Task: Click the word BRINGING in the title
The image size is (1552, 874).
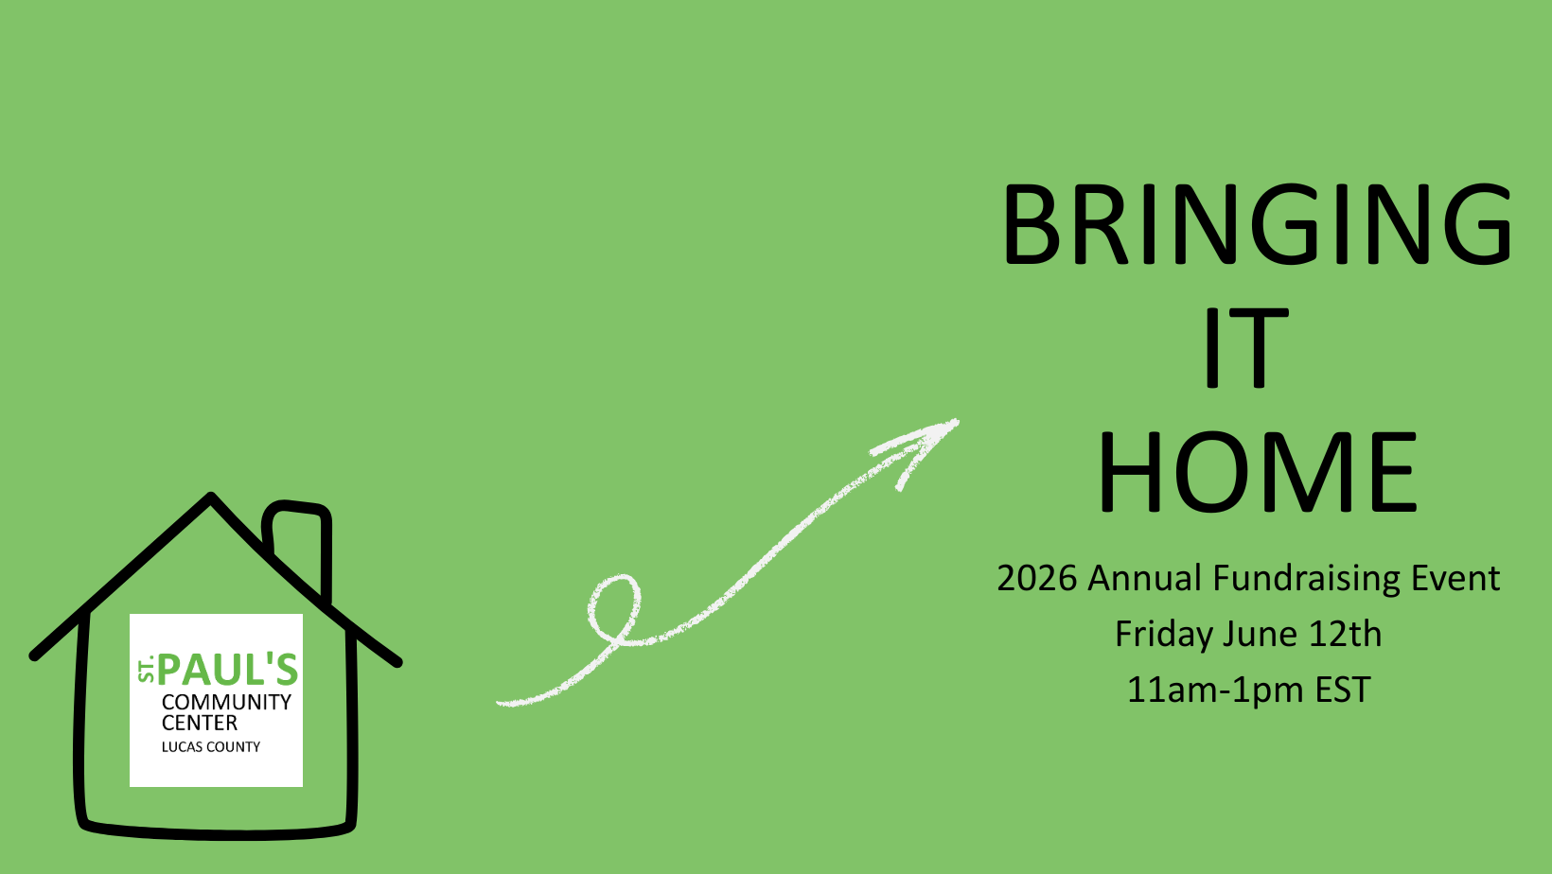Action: tap(1257, 224)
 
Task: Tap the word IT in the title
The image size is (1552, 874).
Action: tap(1246, 348)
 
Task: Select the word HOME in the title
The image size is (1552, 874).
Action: tap(1257, 472)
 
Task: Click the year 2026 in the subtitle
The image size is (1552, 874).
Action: tap(1037, 578)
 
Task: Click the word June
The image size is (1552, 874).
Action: tap(1261, 634)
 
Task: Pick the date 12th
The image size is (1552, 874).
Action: tap(1345, 634)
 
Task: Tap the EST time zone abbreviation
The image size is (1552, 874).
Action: tap(1343, 690)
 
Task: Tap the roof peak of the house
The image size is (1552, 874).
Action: tap(211, 498)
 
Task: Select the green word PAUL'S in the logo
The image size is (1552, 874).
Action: tap(228, 670)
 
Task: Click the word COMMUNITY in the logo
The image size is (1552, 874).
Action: tap(226, 702)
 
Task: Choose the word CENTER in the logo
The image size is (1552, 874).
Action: tap(200, 723)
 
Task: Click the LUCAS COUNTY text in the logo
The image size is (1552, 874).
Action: tap(210, 747)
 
